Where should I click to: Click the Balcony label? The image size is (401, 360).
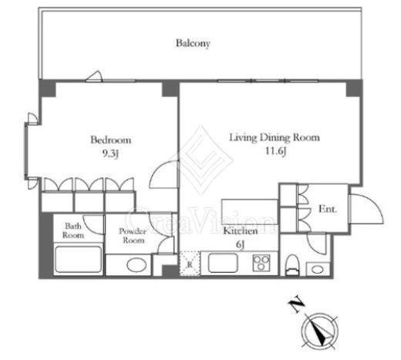click(193, 43)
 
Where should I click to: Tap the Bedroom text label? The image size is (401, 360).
click(111, 140)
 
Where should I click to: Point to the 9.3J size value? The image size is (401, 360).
click(111, 153)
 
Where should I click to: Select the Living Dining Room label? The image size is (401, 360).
click(275, 137)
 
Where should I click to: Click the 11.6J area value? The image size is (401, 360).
click(275, 151)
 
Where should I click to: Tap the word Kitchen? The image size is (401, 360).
click(241, 230)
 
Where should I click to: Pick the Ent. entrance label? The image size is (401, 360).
click(328, 209)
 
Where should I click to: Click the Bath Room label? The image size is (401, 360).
click(73, 230)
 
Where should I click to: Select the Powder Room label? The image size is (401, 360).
click(133, 236)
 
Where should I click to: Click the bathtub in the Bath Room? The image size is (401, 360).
click(79, 259)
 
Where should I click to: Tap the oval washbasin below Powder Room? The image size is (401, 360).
click(136, 265)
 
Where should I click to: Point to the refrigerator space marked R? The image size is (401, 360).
click(190, 264)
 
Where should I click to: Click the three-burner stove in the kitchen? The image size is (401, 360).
click(261, 263)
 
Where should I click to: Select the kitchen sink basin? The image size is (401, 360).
click(223, 263)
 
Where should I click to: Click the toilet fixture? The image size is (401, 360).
click(292, 265)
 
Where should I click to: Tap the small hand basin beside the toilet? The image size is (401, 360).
click(318, 269)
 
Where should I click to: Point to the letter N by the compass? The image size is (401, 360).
click(297, 304)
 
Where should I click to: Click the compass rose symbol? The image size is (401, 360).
click(319, 331)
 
